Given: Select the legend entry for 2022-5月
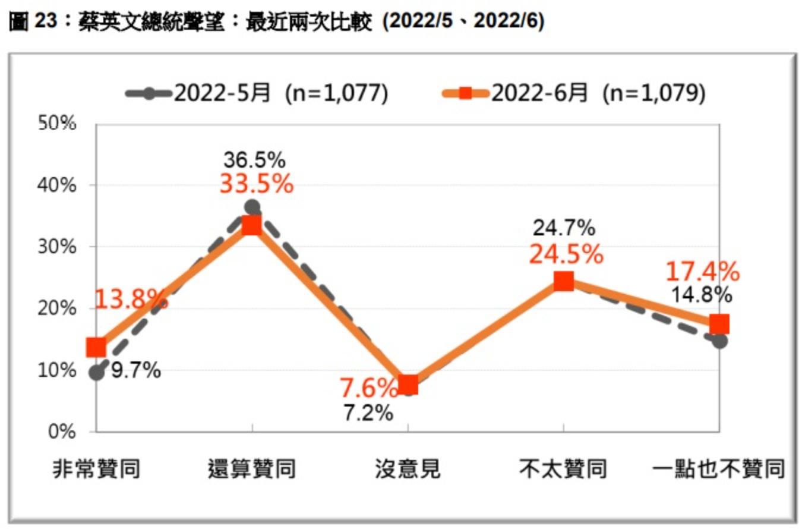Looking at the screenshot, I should (x=257, y=93).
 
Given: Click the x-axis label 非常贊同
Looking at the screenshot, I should (x=96, y=470).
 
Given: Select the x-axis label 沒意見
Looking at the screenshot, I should (x=408, y=470).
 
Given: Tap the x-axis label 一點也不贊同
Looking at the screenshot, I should (x=719, y=470).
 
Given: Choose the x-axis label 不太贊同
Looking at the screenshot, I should (x=563, y=470).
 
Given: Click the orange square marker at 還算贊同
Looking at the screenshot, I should (x=252, y=225).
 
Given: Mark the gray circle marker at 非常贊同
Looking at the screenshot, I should (x=96, y=373).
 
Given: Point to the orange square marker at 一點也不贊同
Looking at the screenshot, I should (x=719, y=325).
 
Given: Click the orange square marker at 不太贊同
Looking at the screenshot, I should (x=563, y=281).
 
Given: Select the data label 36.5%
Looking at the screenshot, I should (x=254, y=160).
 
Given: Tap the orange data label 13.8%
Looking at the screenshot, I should (x=131, y=299).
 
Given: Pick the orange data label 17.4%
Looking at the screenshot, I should (x=702, y=272).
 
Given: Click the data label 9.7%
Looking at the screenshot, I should (x=136, y=371).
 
